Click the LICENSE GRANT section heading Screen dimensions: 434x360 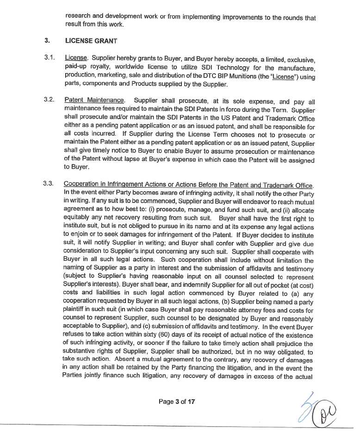click(x=92, y=40)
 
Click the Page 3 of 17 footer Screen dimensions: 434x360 click(x=176, y=402)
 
